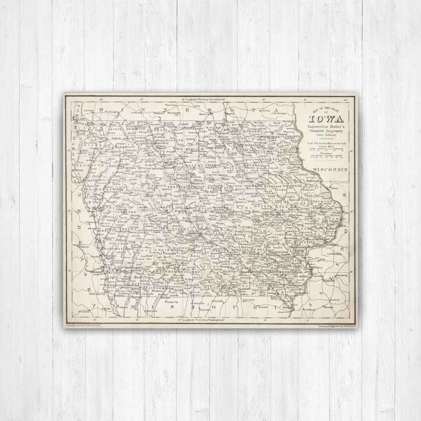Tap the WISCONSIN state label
330,169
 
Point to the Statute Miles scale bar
327,149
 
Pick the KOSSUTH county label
174,141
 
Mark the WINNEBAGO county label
194,128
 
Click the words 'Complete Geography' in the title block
327,131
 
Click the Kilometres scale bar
327,156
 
